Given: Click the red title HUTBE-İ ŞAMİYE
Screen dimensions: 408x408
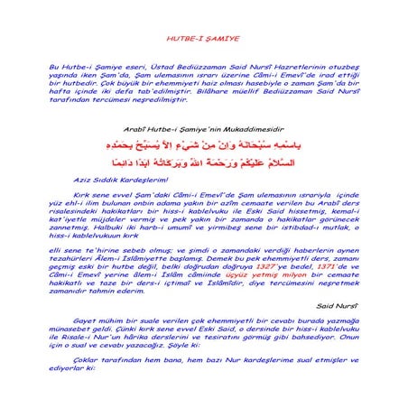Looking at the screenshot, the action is (x=203, y=41).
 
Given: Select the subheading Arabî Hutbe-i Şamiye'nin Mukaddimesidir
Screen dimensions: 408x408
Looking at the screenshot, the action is (x=204, y=129).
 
